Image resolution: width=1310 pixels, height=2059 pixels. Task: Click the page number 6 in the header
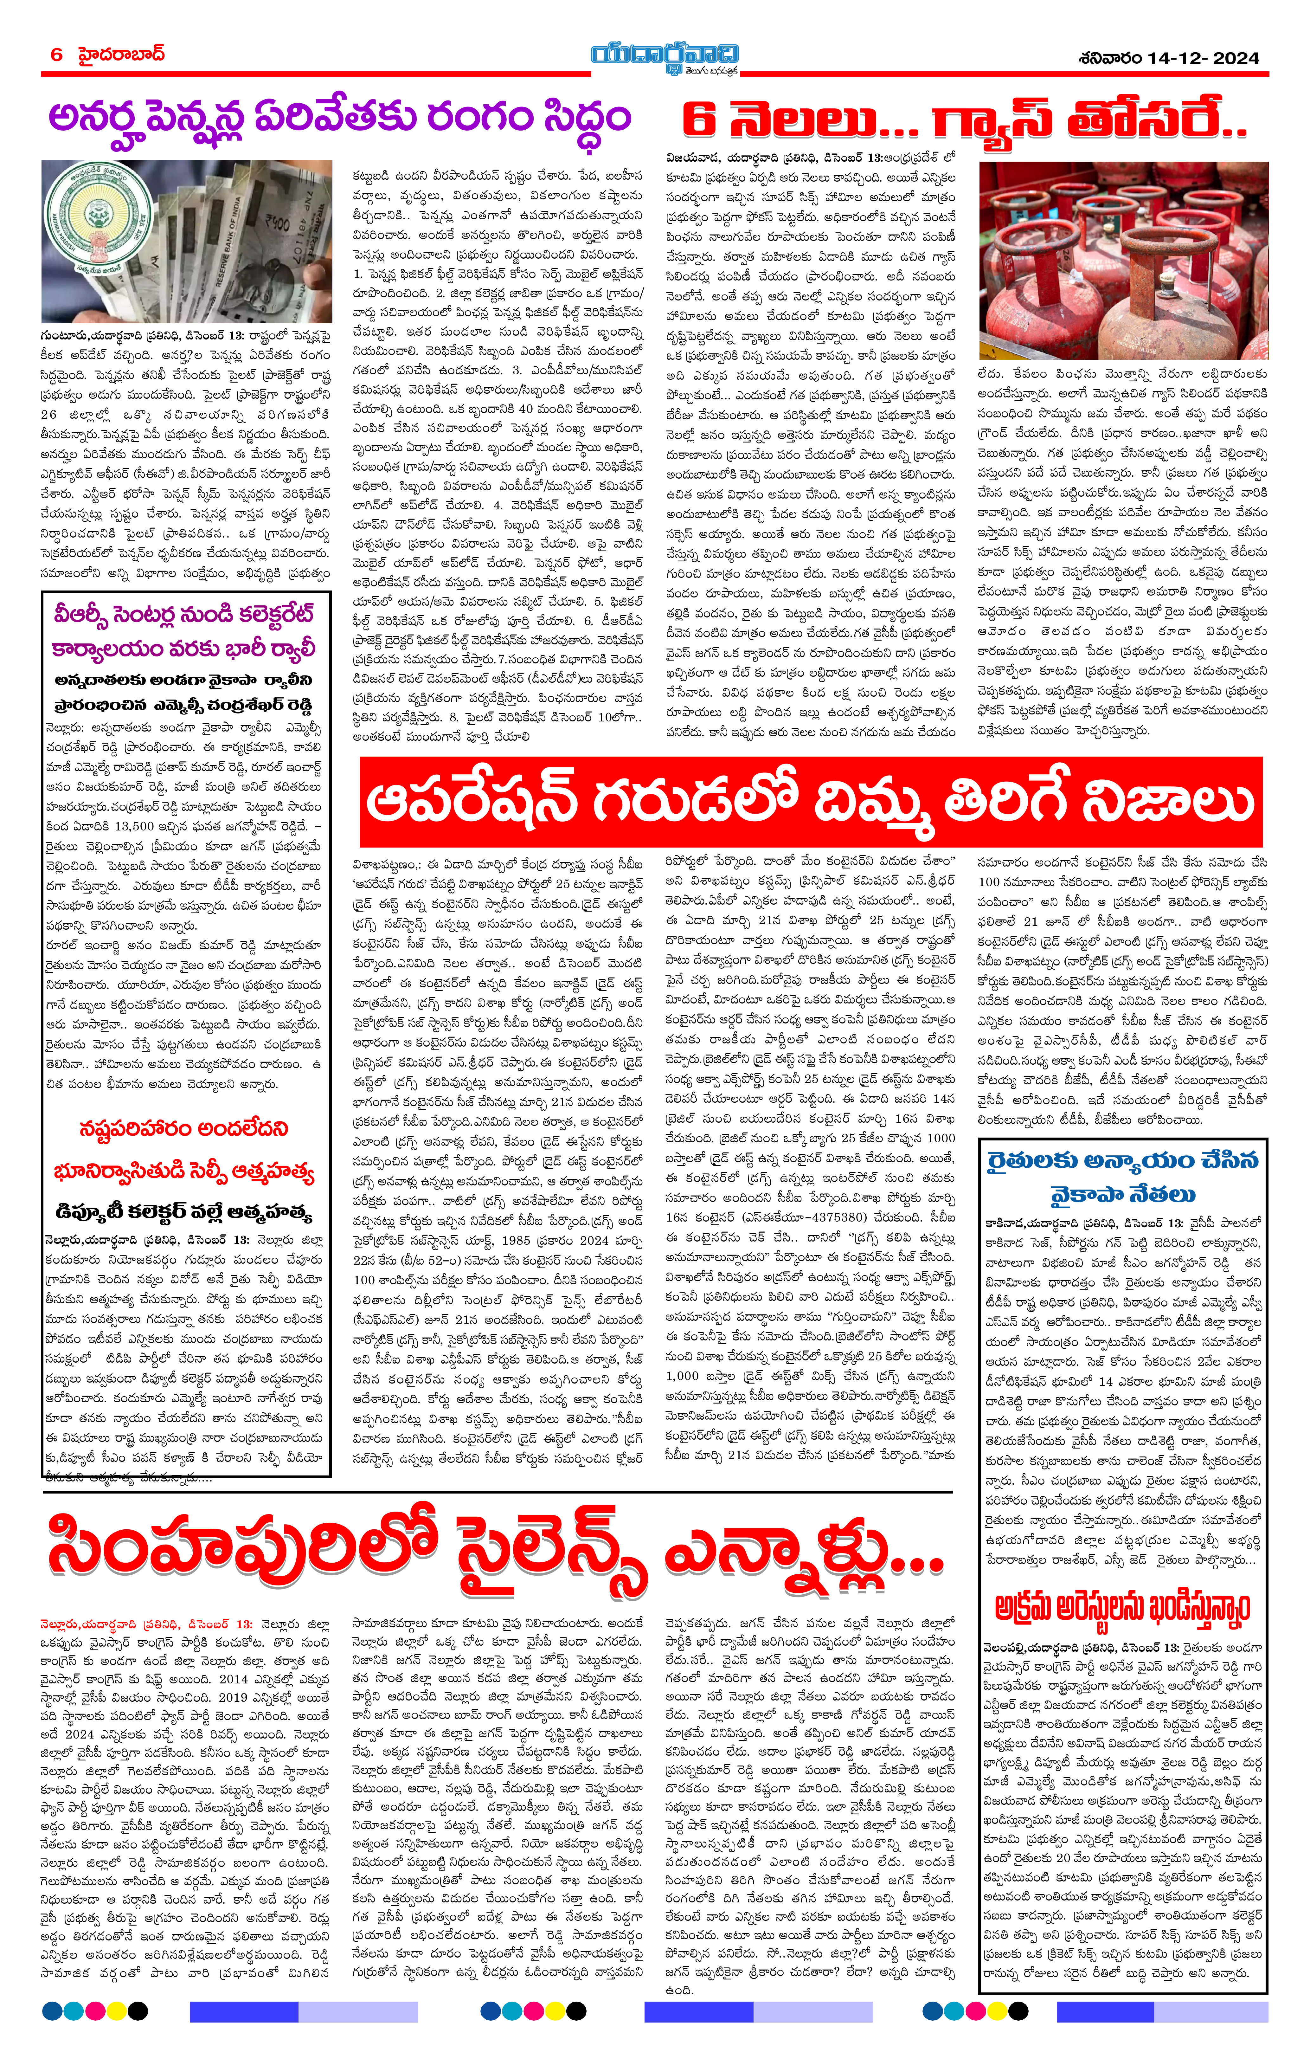(56, 55)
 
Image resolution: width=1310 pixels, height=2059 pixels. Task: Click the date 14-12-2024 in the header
(1202, 58)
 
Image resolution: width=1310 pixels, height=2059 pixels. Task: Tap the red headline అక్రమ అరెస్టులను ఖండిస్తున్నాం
(1122, 1608)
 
